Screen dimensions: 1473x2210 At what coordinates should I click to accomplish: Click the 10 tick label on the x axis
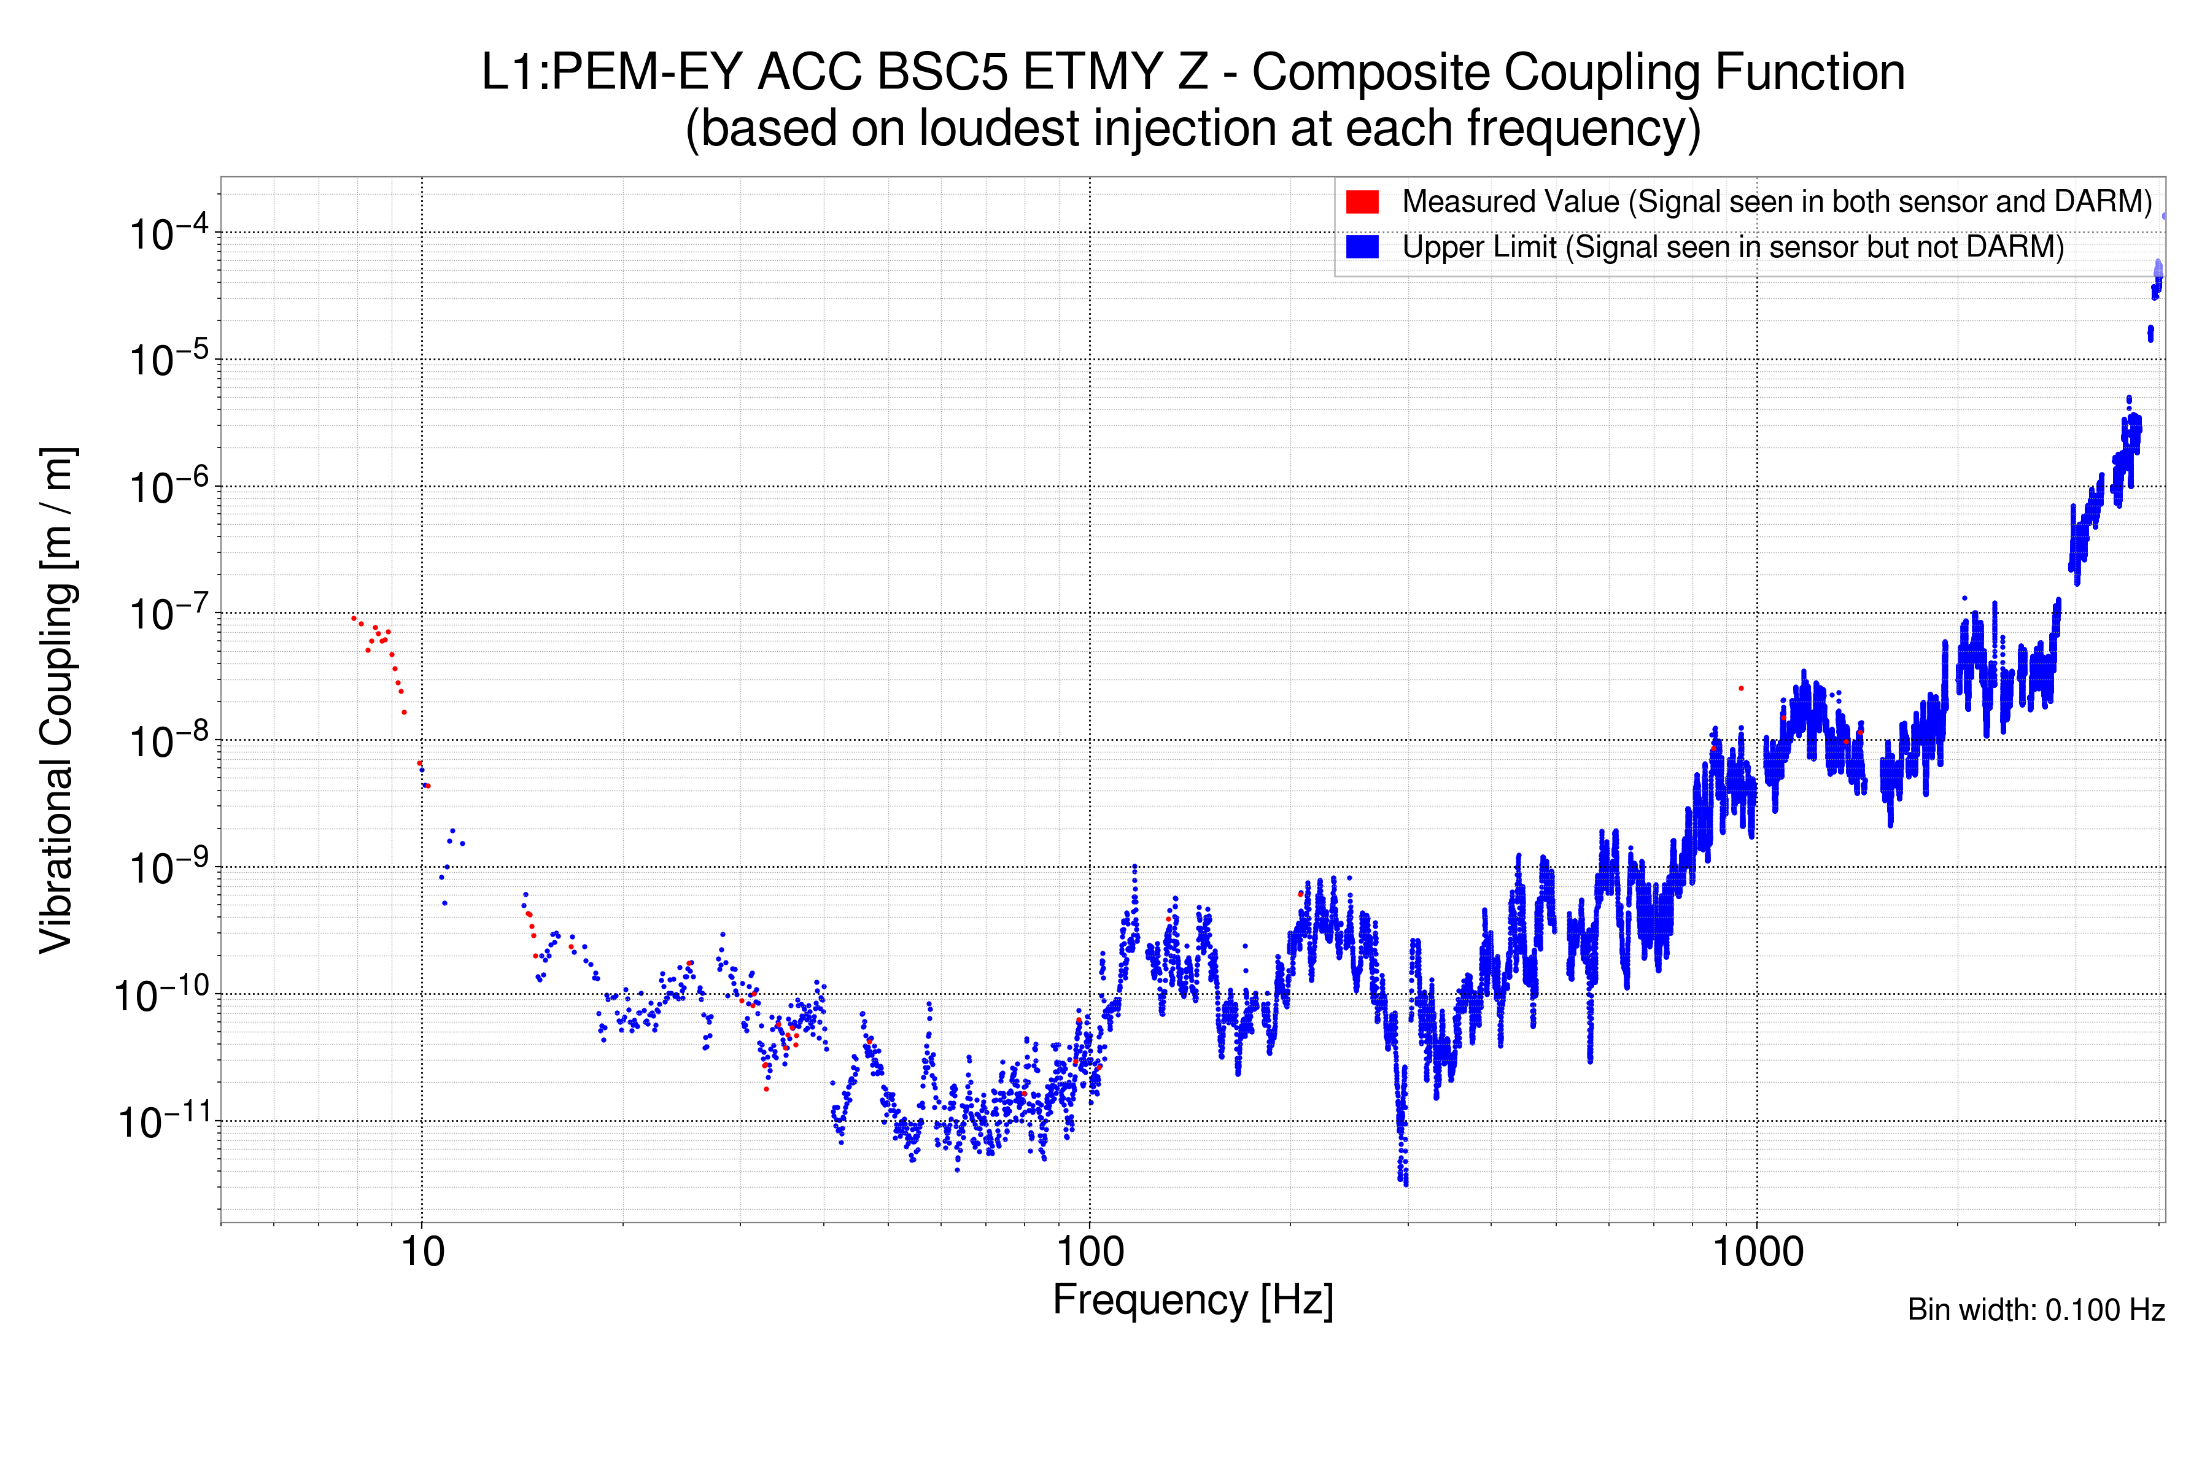coord(422,1252)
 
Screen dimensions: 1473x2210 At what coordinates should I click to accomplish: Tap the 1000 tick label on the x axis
coord(1757,1252)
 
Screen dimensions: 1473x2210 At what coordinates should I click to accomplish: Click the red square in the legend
coord(1362,202)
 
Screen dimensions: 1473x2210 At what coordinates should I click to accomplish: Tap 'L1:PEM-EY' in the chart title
coord(611,72)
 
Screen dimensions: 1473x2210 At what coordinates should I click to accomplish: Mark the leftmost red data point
coord(354,618)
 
